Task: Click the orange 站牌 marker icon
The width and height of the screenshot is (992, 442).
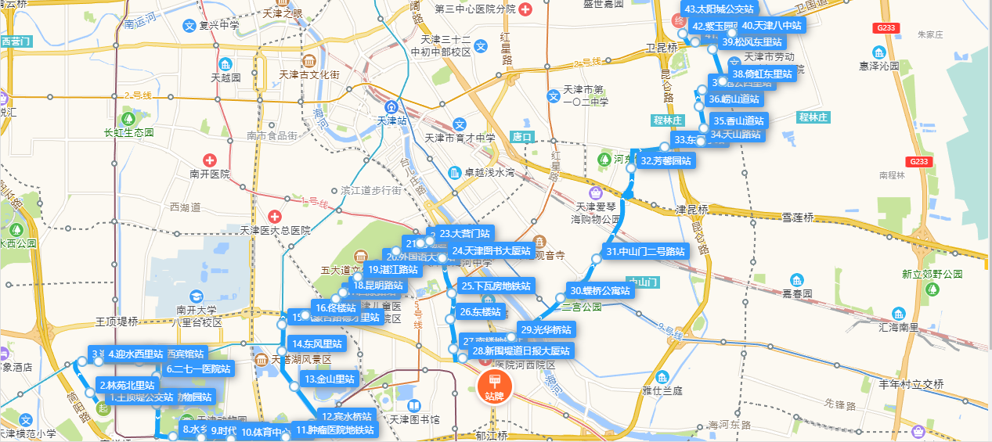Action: [493, 386]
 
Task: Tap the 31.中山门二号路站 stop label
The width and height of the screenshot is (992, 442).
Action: [646, 252]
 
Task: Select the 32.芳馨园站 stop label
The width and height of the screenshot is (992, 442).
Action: [666, 161]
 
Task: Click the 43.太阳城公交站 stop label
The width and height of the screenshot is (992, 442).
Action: [719, 9]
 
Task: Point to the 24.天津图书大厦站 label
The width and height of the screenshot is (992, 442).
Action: [492, 251]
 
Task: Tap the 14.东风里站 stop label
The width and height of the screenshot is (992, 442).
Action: [316, 343]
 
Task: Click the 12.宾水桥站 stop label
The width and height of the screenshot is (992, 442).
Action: [347, 416]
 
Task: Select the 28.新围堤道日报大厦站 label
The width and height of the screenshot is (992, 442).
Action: [521, 350]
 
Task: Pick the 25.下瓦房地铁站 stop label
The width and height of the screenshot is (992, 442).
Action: [496, 286]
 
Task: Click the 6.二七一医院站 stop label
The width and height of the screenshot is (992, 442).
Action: [198, 368]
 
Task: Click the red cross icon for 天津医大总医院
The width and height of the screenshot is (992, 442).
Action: [274, 216]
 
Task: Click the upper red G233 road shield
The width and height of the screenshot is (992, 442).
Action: [887, 28]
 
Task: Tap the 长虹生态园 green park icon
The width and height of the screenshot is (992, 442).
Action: [128, 118]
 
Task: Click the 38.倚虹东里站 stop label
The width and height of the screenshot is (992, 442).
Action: [763, 74]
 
